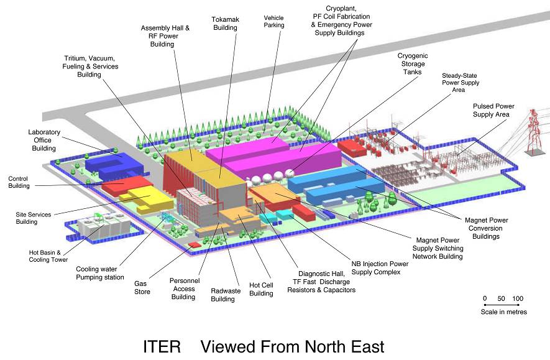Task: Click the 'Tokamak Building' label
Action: (x=225, y=24)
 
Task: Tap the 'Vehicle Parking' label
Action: (x=274, y=21)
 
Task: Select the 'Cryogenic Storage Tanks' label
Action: (x=413, y=64)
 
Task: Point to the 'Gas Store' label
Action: (x=142, y=287)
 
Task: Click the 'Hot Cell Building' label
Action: (x=261, y=289)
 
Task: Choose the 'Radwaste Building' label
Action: (x=225, y=295)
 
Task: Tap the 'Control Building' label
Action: (x=19, y=182)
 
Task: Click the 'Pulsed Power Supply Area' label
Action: (x=493, y=110)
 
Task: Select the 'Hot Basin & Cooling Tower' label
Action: (x=48, y=256)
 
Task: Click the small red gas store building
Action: (x=193, y=244)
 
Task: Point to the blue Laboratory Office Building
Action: (x=114, y=165)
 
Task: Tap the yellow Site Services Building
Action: (x=147, y=200)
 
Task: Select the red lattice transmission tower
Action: (x=534, y=132)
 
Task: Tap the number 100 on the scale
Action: (x=518, y=298)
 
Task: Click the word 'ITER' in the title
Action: (x=162, y=347)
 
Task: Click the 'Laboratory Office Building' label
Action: (x=44, y=140)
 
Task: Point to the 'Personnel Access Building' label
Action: (x=184, y=288)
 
